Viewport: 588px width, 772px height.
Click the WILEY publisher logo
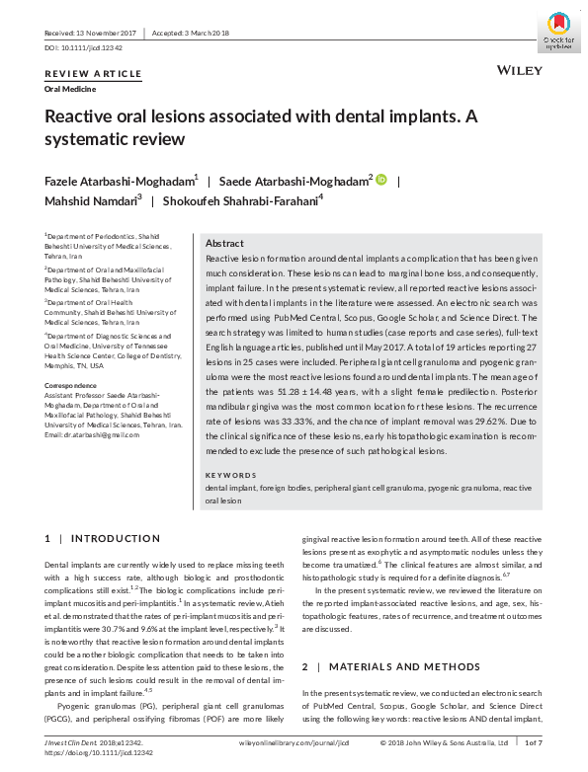click(516, 71)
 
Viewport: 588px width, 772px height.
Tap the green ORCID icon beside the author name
click(381, 180)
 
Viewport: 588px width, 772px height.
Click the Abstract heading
click(224, 243)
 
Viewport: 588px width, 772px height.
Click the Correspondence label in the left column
click(72, 383)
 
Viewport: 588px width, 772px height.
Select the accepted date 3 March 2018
click(190, 32)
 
